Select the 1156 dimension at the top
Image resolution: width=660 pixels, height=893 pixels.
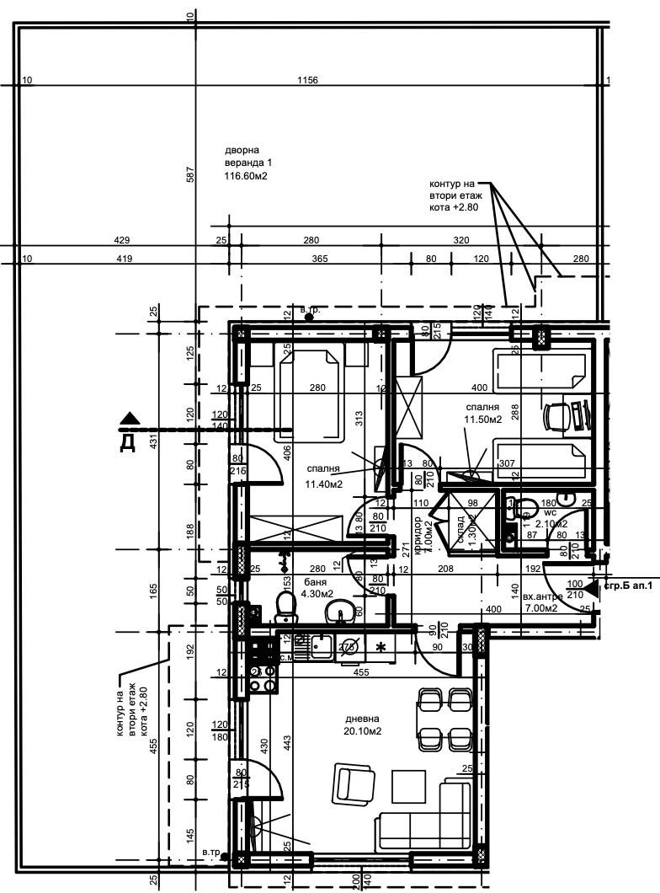[x=308, y=80]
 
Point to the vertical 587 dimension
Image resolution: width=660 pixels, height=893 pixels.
[x=190, y=174]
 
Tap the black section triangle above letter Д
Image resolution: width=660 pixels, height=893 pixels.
[x=128, y=418]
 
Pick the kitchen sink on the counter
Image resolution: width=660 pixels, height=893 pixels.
[x=321, y=646]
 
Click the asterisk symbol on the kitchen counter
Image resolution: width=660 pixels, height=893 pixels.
[x=381, y=647]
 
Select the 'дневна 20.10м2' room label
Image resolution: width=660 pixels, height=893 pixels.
[x=363, y=725]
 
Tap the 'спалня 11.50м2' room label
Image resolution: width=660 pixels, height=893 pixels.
[x=482, y=411]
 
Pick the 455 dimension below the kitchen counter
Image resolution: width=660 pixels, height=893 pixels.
[x=360, y=672]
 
